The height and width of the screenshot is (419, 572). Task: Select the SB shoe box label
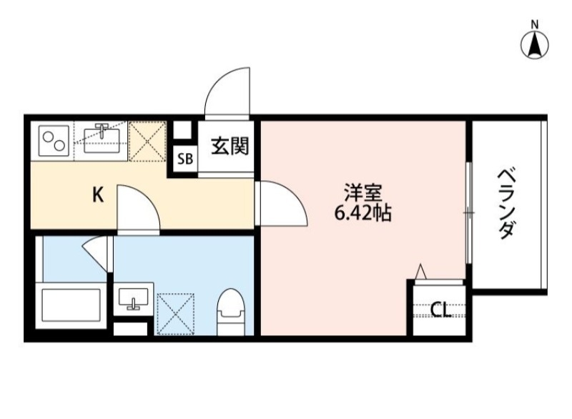tap(184, 159)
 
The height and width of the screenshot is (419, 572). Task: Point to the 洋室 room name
tap(363, 193)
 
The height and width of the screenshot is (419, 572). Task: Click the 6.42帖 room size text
tap(363, 212)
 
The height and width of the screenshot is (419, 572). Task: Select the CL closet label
tap(440, 310)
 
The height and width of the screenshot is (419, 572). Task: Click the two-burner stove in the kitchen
tap(54, 141)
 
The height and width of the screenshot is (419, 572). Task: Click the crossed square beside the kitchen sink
tap(148, 141)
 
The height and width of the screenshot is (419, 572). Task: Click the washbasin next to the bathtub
tap(134, 297)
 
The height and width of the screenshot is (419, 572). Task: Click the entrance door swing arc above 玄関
tap(230, 89)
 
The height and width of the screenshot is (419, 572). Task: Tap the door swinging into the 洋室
tap(282, 204)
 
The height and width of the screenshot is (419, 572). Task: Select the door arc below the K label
tap(139, 208)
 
